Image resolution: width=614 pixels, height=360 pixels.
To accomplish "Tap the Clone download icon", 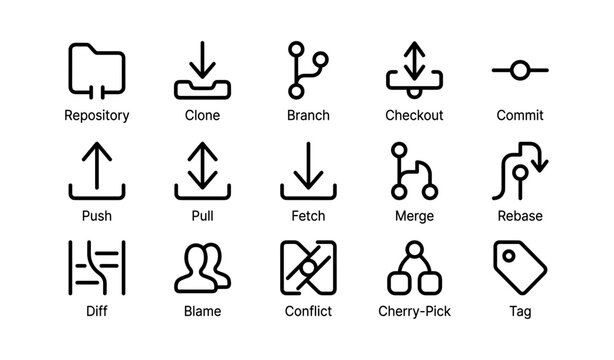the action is point(202,70).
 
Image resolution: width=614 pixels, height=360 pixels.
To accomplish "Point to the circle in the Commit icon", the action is point(519,70).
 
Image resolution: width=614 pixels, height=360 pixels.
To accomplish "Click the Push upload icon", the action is point(96,171).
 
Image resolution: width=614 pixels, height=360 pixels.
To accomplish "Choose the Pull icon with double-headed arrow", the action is point(202,171).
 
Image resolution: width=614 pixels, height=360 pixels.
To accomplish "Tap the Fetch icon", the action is point(307,171).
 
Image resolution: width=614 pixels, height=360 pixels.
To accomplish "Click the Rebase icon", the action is point(519,171).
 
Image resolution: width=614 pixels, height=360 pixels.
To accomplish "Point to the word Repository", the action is point(96,115).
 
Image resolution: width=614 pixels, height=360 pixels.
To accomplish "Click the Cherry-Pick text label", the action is point(414,312).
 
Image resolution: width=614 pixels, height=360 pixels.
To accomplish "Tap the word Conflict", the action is point(307,312).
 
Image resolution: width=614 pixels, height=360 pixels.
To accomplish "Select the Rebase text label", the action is point(519,214).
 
